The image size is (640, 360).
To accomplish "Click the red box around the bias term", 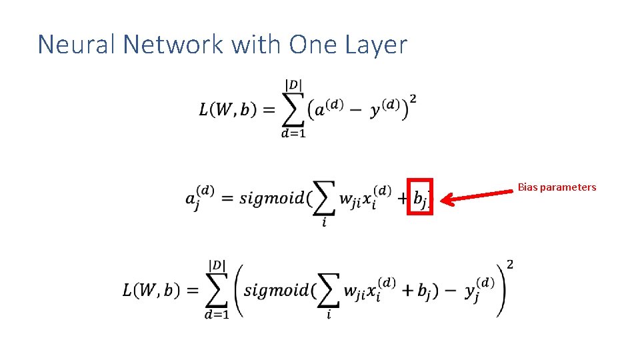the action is point(420,196).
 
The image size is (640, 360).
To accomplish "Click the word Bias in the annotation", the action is point(527,187).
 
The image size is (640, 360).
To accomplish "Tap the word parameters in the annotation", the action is point(568,187).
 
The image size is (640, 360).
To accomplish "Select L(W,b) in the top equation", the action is point(227,110).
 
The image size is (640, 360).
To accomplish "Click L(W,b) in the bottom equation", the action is point(151,291).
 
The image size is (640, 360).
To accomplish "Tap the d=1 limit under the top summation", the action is point(293,134).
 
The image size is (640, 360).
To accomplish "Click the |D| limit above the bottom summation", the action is point(217,265).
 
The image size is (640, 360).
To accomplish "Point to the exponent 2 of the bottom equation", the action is point(510,265).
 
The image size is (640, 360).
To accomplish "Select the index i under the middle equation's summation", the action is point(324,223).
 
